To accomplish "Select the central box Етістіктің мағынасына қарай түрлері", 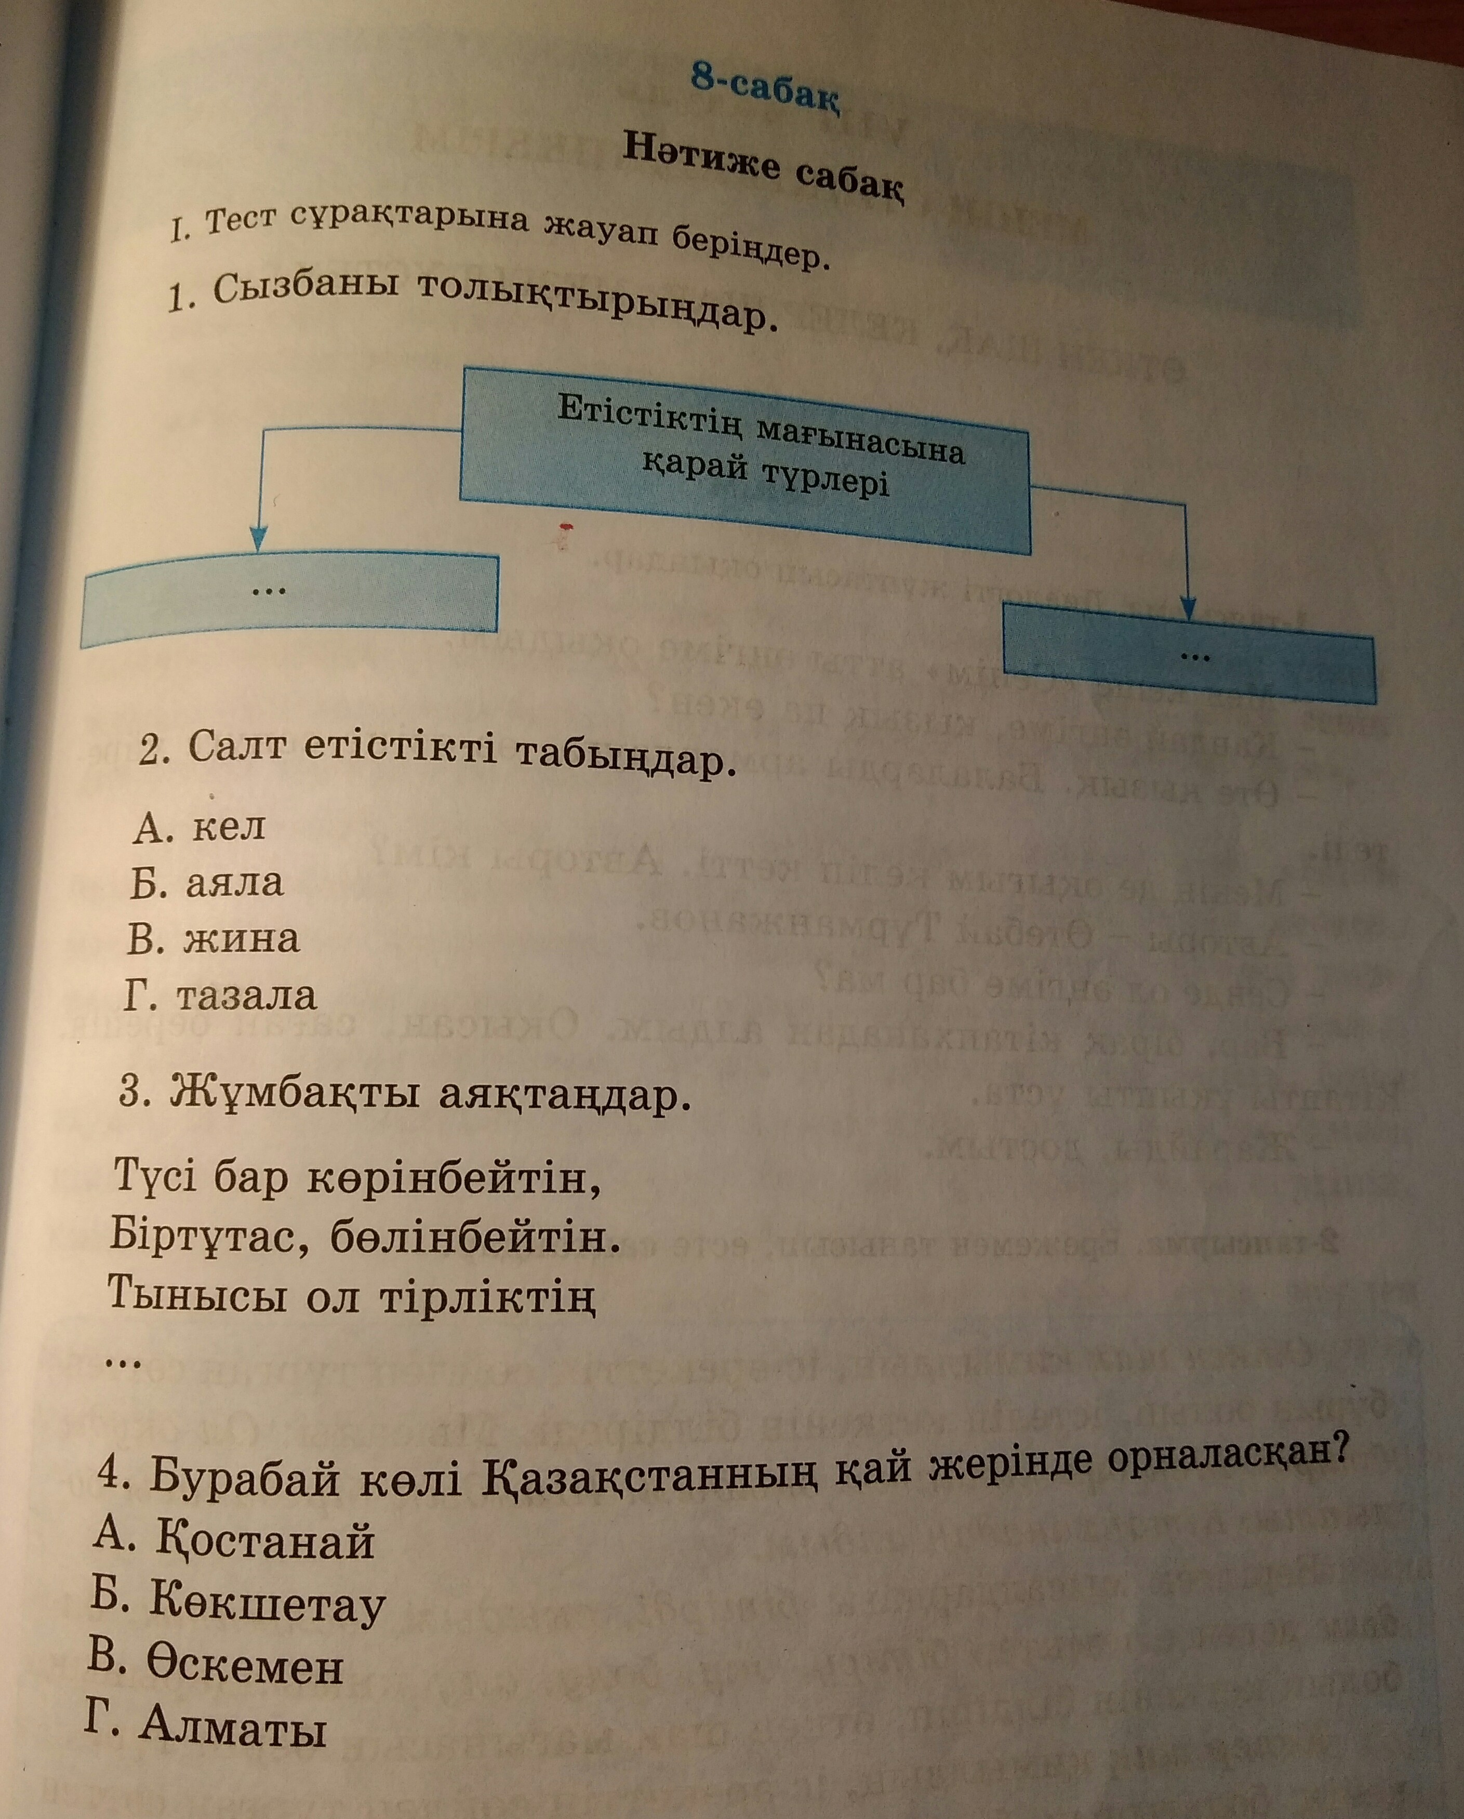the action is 745,461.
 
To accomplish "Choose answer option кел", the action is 199,826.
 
